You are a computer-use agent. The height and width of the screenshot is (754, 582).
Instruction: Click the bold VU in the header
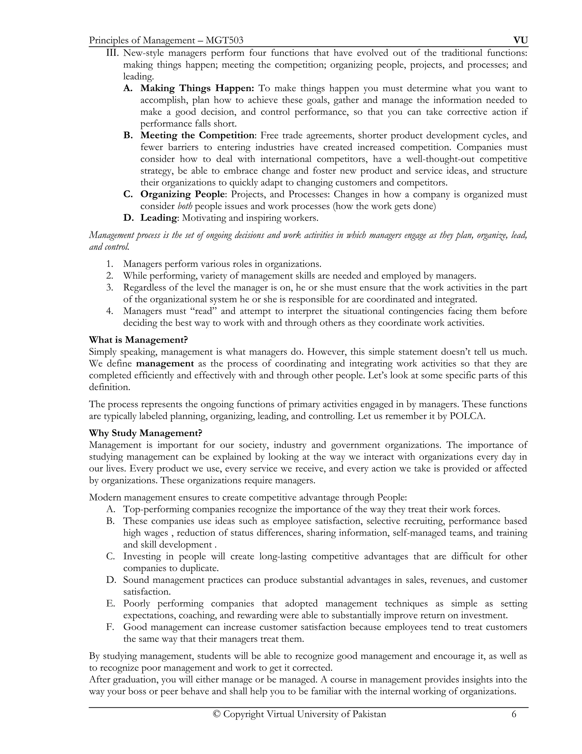520,40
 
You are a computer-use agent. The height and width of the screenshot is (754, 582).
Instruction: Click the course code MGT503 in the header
224,41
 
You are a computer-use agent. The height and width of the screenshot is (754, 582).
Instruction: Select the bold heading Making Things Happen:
197,88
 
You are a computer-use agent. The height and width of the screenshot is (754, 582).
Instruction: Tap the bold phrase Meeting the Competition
197,135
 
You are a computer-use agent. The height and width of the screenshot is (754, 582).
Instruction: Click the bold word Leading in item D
158,218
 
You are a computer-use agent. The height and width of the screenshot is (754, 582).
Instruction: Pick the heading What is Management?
138,340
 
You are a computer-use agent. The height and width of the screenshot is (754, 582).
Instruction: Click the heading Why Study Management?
145,433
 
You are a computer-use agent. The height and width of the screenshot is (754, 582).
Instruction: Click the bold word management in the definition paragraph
165,364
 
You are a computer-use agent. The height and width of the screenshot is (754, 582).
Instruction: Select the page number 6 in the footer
514,714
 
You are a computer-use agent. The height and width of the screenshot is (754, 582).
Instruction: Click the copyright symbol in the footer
217,714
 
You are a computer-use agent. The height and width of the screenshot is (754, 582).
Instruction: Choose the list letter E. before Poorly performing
110,603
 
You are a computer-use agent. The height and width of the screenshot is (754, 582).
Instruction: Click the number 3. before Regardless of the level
110,288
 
